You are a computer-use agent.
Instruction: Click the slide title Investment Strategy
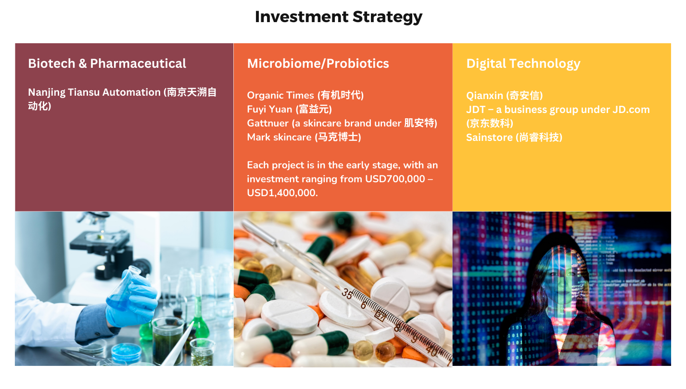(x=338, y=17)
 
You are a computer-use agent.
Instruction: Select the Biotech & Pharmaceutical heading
(x=107, y=63)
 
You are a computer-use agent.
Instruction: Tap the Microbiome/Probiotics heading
(x=318, y=63)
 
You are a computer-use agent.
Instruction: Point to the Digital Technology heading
(x=523, y=64)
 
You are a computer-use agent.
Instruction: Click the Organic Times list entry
(x=305, y=95)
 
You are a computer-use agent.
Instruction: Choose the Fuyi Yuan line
(x=290, y=109)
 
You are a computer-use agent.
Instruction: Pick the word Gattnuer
(x=267, y=123)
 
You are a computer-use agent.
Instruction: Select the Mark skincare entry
(x=304, y=137)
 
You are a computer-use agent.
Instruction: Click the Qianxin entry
(x=504, y=96)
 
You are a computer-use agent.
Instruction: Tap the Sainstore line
(x=514, y=138)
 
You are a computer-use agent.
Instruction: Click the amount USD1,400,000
(x=282, y=193)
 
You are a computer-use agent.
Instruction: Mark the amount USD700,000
(x=395, y=179)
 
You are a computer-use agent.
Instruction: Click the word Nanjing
(x=46, y=92)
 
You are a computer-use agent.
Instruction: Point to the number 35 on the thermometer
(x=347, y=294)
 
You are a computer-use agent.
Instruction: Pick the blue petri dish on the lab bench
(x=126, y=352)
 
